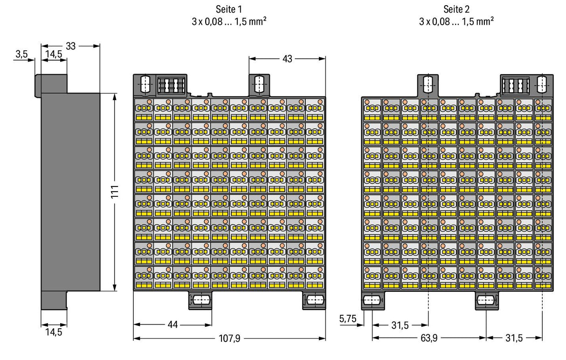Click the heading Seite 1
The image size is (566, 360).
point(228,9)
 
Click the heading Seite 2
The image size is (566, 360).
point(456,9)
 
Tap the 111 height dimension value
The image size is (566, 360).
point(115,192)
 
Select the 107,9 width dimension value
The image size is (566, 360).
point(229,338)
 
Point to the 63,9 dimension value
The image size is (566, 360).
point(429,338)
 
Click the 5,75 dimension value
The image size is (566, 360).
point(348,318)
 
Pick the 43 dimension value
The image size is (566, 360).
point(287,59)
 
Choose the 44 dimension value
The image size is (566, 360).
point(173,325)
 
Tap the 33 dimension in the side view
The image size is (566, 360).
point(70,46)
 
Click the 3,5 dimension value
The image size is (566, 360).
point(21,54)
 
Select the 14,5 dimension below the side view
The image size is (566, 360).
point(54,332)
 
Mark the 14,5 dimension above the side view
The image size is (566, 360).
point(54,54)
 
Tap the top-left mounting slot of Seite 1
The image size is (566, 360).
point(145,84)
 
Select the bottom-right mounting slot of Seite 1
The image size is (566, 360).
point(315,300)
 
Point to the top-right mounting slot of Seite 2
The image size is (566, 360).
point(541,84)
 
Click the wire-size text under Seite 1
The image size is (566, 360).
point(228,21)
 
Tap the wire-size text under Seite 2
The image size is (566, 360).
point(456,21)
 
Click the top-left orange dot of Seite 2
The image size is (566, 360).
point(367,102)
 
